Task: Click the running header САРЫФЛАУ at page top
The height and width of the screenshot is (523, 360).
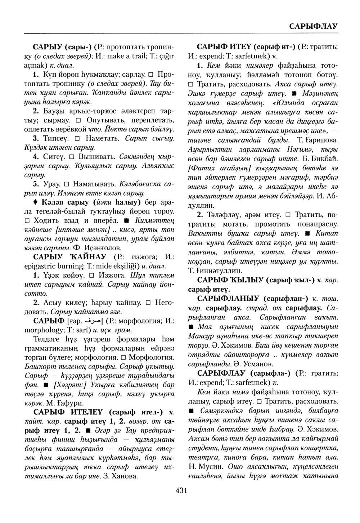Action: tap(313, 26)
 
